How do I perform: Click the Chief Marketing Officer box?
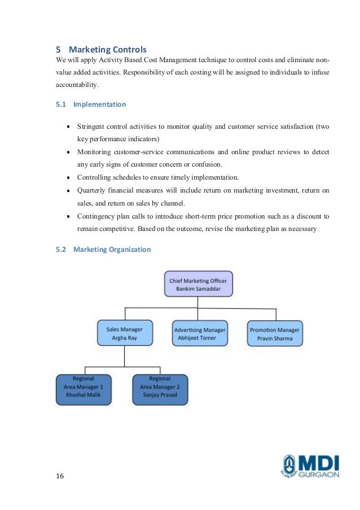click(197, 284)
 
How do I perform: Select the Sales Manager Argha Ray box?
click(124, 333)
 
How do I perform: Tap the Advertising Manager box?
click(200, 334)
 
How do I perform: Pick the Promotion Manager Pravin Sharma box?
click(275, 334)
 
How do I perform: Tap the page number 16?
click(60, 476)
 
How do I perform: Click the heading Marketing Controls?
click(107, 50)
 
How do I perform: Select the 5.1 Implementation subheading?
click(99, 104)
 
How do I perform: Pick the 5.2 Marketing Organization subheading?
click(112, 249)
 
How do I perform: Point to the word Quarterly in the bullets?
click(93, 190)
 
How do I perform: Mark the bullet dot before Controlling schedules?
click(68, 177)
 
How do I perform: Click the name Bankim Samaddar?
click(197, 289)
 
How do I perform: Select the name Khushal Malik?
click(83, 394)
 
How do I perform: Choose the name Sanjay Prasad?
click(160, 394)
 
